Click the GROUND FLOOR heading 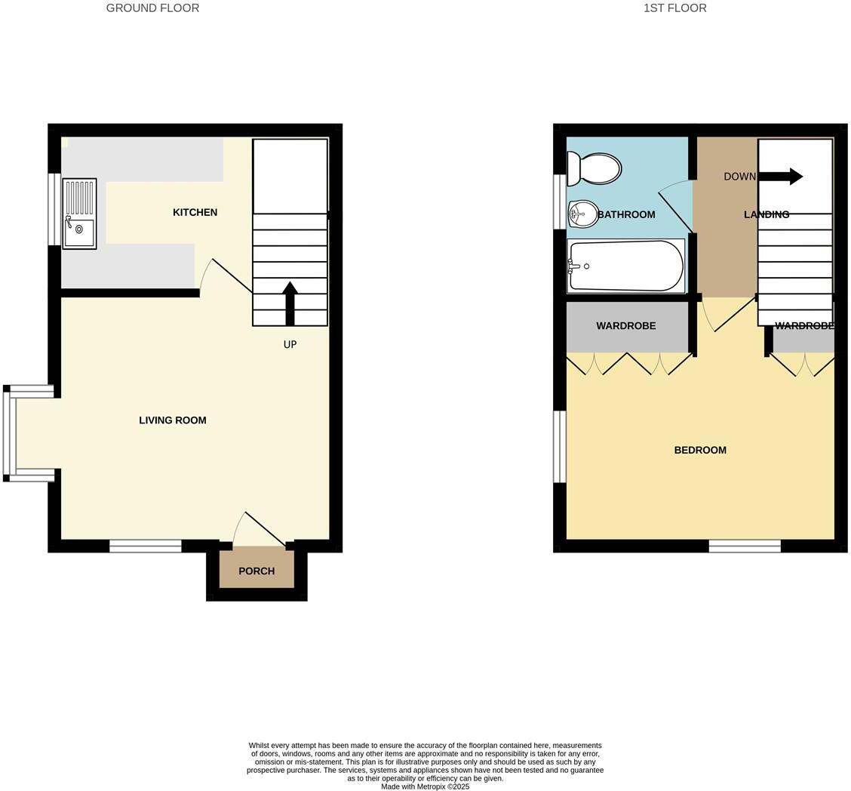[x=152, y=8]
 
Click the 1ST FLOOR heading [x=674, y=8]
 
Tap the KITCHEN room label [x=195, y=213]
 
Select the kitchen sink [x=79, y=214]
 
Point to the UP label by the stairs [x=290, y=345]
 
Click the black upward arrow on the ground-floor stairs [x=290, y=303]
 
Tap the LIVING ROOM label [x=172, y=420]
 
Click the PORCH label [x=257, y=571]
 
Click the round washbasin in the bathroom [x=582, y=214]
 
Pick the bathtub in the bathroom [x=626, y=266]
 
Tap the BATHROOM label [x=626, y=215]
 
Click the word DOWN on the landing [x=739, y=177]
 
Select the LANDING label [x=767, y=215]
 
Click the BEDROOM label [x=700, y=451]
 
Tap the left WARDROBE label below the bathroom [x=626, y=326]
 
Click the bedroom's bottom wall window [x=745, y=546]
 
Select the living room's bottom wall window [x=146, y=546]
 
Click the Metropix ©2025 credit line [x=425, y=786]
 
